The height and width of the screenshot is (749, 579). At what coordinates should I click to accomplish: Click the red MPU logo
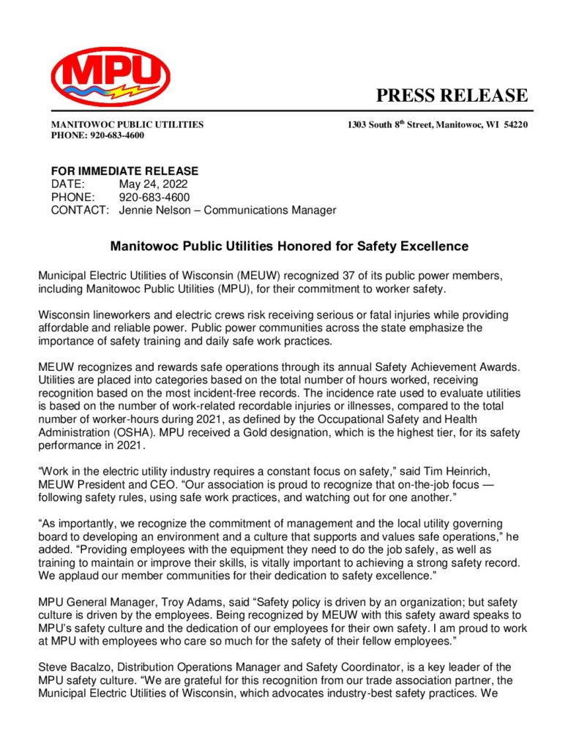click(x=111, y=76)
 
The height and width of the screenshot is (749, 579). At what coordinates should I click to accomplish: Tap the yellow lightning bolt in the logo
click(x=139, y=91)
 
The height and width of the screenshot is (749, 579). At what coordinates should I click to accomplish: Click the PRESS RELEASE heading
click(x=452, y=96)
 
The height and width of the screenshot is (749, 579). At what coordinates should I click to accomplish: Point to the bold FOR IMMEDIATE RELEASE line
click(x=124, y=171)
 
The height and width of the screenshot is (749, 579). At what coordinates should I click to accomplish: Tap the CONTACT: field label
click(x=80, y=211)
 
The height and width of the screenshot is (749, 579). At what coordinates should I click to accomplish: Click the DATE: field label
click(x=68, y=184)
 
